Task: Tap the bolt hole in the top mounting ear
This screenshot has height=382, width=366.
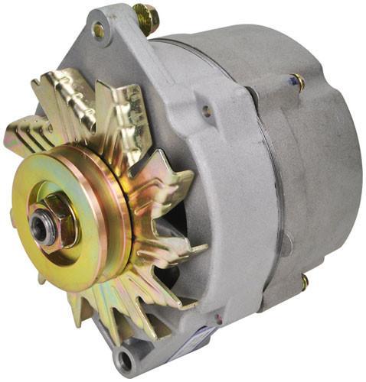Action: tap(98, 31)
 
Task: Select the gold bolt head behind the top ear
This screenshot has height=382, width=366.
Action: tap(145, 17)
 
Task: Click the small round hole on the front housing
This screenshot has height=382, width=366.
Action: tap(206, 111)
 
